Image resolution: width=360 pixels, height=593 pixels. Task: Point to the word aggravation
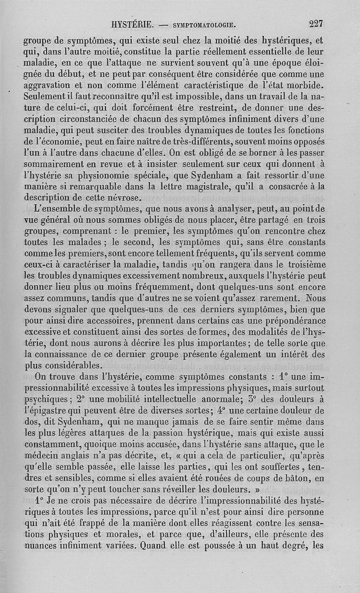point(48,85)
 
